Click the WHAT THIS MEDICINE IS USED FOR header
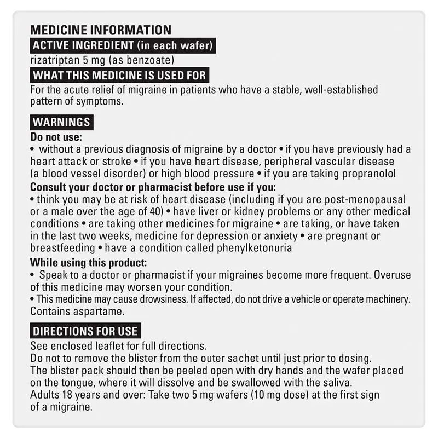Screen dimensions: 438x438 119,75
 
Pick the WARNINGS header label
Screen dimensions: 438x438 61,122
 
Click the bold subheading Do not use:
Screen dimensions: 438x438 55,137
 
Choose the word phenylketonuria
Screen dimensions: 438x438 249,248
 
